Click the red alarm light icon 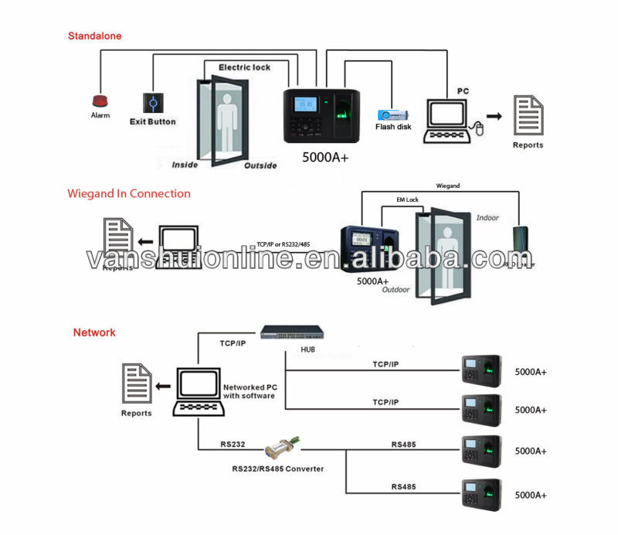[x=100, y=101]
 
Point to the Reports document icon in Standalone [x=528, y=114]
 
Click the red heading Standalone [x=94, y=36]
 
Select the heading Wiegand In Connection [x=128, y=193]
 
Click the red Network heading [x=94, y=332]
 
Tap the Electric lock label [x=244, y=67]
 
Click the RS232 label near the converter [x=233, y=445]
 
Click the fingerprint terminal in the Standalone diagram [x=323, y=114]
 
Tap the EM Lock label [x=407, y=200]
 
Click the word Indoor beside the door [x=488, y=218]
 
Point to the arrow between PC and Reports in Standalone [x=493, y=116]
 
